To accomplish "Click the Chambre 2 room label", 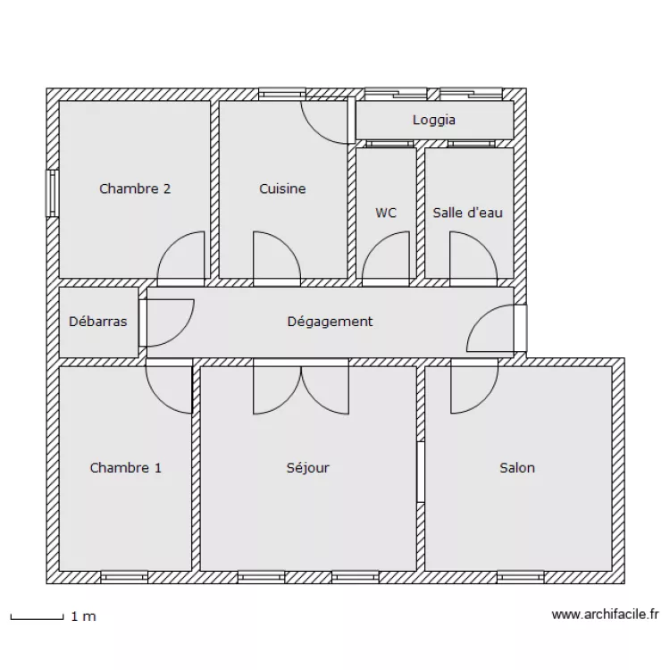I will point(135,188).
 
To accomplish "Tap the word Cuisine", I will point(282,188).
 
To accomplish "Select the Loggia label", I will point(434,120).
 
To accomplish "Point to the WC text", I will point(386,213).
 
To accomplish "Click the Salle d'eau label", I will point(467,213).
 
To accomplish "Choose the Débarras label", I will point(97,322).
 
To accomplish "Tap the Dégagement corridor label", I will point(330,322).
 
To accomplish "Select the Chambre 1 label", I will point(126,467).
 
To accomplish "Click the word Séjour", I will point(307,467).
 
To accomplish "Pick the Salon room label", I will point(517,467).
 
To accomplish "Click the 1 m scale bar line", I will point(36,616).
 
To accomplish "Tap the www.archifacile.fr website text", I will point(605,615).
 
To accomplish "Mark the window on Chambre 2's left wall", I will point(53,193).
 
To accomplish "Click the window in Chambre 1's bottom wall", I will point(123,577).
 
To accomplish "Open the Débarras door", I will point(168,322).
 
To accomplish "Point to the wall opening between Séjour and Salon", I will point(420,472).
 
